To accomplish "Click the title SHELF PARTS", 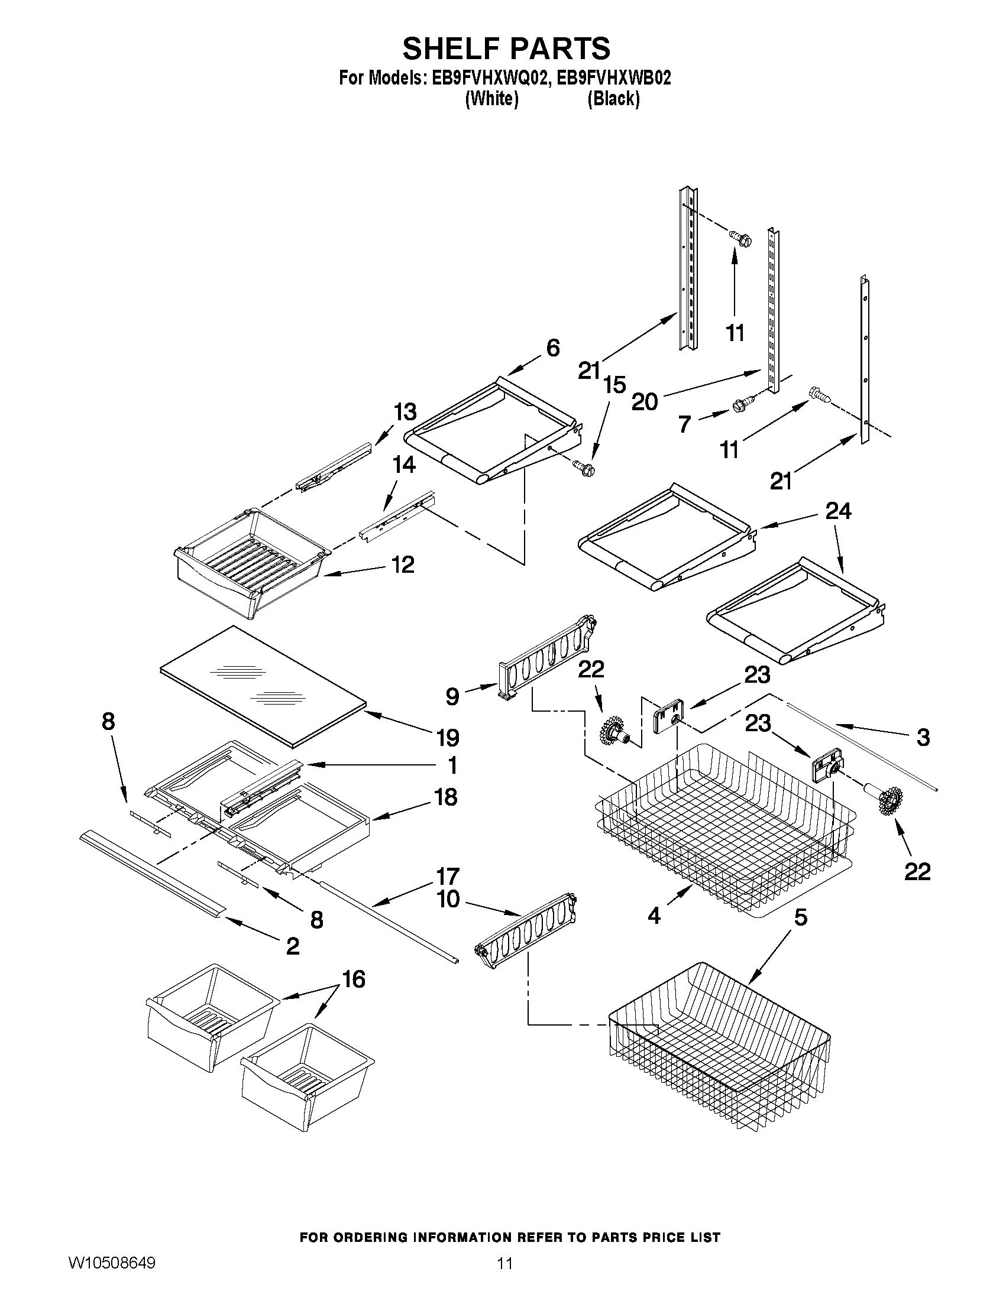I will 506,48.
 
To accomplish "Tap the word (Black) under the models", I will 613,99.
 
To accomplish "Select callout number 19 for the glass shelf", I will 448,738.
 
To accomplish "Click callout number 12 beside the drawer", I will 403,564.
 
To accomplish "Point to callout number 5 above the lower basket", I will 800,917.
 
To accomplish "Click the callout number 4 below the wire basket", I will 654,915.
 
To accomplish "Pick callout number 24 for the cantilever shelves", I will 838,511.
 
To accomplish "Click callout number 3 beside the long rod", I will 923,738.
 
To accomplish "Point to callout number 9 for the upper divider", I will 452,696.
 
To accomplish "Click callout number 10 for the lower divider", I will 448,899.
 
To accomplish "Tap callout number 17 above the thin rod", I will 448,876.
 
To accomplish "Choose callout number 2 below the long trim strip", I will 293,946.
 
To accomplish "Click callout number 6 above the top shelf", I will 552,348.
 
